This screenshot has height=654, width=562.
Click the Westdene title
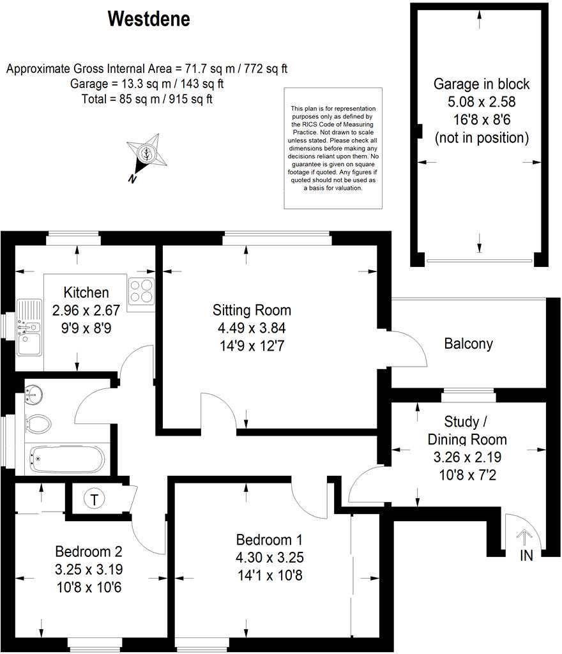click(149, 19)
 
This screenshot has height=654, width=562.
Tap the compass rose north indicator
click(146, 155)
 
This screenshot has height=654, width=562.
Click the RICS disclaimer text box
click(334, 148)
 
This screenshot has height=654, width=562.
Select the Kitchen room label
click(86, 293)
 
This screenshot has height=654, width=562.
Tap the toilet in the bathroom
click(38, 422)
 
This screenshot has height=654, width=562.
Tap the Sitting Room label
click(252, 310)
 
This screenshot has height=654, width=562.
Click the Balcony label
click(468, 344)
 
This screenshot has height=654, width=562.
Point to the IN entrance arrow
click(525, 538)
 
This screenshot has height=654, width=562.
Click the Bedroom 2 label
click(88, 551)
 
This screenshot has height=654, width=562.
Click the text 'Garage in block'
click(481, 84)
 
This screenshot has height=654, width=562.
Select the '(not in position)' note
click(481, 137)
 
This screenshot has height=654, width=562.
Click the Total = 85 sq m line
click(147, 99)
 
